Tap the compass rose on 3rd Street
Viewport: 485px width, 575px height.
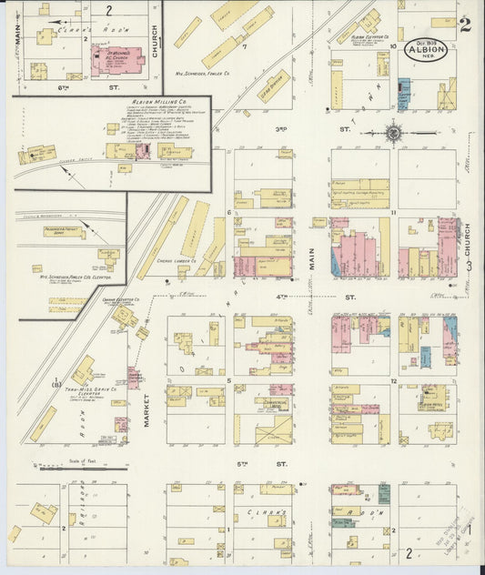click(392, 133)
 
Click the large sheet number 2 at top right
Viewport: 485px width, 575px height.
click(465, 24)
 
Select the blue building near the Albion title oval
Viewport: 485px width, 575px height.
click(404, 94)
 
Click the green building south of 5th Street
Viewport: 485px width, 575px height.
click(384, 494)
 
